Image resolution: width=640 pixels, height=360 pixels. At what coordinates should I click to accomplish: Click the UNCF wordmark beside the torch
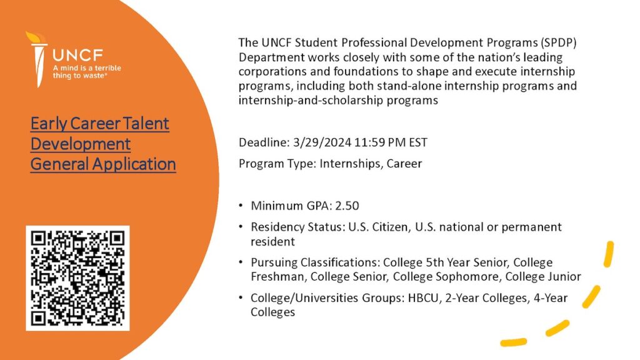tap(77, 55)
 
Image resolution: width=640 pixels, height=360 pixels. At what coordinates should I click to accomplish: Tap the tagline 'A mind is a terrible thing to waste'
tap(86, 72)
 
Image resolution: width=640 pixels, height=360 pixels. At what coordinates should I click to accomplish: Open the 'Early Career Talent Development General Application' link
tap(103, 144)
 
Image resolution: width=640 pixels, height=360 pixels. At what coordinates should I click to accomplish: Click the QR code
tap(77, 278)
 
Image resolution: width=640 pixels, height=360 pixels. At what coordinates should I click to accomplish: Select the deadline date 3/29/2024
tap(322, 142)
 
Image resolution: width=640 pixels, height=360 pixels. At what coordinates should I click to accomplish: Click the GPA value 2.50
tap(347, 206)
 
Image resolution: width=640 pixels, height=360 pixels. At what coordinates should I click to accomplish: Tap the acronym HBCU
tap(424, 298)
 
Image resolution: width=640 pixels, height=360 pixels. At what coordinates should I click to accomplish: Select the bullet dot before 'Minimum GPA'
tap(241, 205)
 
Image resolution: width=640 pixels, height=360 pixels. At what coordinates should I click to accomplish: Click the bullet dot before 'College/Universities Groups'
tap(241, 297)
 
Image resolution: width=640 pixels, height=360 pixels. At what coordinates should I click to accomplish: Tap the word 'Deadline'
tap(263, 142)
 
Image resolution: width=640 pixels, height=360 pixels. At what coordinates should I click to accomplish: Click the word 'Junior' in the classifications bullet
tap(564, 277)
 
